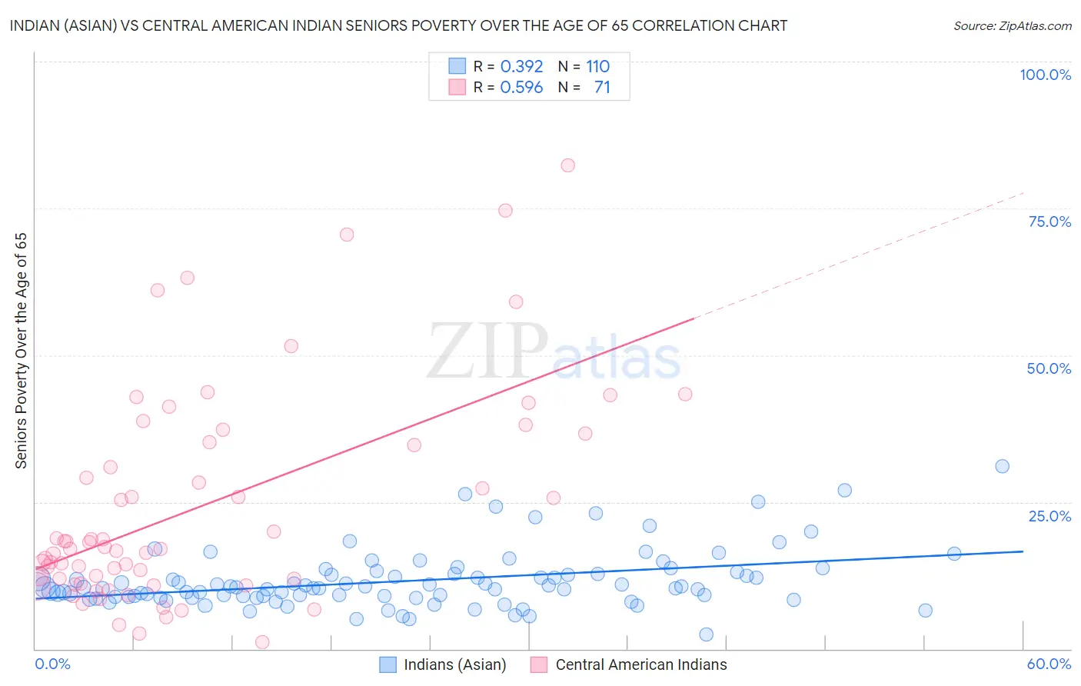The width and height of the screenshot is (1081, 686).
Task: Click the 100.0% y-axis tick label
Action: [1045, 75]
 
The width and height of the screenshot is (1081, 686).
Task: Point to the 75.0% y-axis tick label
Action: [1049, 221]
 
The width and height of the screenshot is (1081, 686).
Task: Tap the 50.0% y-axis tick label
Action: [1049, 368]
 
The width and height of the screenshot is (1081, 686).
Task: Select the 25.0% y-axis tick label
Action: [1049, 515]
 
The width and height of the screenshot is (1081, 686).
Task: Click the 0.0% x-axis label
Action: [52, 664]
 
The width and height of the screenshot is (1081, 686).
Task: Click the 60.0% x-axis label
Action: [1049, 664]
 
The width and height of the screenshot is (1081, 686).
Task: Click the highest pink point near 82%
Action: [567, 165]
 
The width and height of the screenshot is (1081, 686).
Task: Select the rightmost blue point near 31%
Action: [1002, 466]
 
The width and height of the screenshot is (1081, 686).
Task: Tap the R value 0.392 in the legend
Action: [521, 67]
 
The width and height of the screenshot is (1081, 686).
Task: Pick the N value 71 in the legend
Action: [602, 88]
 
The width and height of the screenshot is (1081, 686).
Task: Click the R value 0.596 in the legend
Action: [521, 88]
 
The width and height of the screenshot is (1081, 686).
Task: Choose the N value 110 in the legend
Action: [597, 67]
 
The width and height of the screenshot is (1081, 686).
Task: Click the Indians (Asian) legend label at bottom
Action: [454, 664]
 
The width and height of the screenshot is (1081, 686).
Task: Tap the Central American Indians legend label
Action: [640, 664]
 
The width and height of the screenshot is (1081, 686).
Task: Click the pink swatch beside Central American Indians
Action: [539, 664]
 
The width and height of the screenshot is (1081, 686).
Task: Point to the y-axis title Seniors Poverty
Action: [22, 350]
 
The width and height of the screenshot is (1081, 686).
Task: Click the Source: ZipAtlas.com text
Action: [1012, 25]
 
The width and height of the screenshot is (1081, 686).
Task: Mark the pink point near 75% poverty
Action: [505, 211]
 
